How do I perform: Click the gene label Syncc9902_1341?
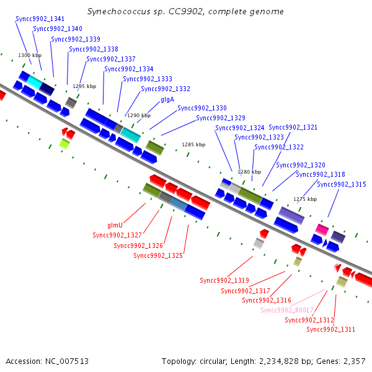(x=40, y=19)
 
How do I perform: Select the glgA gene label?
(x=167, y=100)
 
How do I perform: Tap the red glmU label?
(x=115, y=225)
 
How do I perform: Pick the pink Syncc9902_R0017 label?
(x=287, y=310)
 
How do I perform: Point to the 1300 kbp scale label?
(x=30, y=55)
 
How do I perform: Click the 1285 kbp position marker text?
(x=193, y=144)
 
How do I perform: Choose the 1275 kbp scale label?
(x=305, y=199)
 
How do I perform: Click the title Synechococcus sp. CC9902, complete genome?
(x=185, y=11)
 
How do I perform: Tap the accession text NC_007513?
(x=67, y=361)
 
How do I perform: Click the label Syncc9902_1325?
(x=158, y=255)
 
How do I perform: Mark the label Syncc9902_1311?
(x=330, y=329)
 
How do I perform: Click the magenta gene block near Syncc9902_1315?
(x=322, y=229)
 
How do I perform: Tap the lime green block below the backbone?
(x=64, y=144)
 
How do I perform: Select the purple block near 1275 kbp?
(x=291, y=215)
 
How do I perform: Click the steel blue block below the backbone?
(x=179, y=204)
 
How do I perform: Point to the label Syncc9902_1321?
(x=293, y=127)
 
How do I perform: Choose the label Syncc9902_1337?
(x=111, y=59)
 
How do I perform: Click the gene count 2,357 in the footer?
(x=355, y=361)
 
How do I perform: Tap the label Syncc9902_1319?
(x=224, y=280)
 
